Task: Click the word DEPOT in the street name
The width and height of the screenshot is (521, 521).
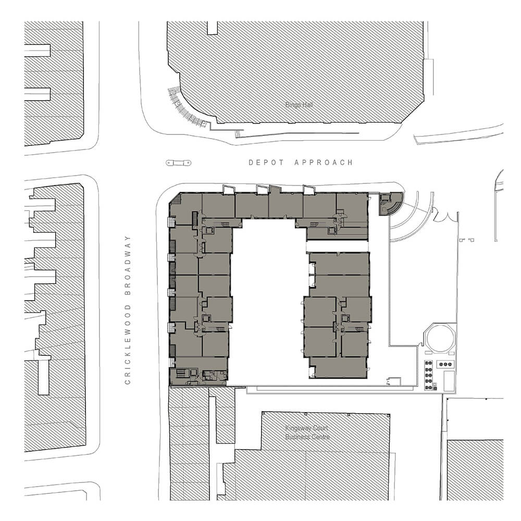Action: pyautogui.click(x=266, y=163)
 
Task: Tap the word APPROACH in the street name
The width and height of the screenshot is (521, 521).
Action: pyautogui.click(x=324, y=163)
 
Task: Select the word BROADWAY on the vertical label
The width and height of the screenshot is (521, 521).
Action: pyautogui.click(x=128, y=265)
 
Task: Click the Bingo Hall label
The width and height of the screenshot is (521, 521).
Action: pyautogui.click(x=299, y=105)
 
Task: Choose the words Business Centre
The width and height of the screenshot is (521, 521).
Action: pyautogui.click(x=308, y=437)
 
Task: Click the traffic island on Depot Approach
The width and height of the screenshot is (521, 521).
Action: pyautogui.click(x=178, y=163)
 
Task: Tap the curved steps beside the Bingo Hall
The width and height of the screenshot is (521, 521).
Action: pyautogui.click(x=187, y=108)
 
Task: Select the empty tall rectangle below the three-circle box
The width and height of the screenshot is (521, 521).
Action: pyautogui.click(x=449, y=381)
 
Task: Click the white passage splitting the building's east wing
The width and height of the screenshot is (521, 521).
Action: pyautogui.click(x=337, y=246)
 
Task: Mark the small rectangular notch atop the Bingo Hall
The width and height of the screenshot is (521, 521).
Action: pyautogui.click(x=213, y=28)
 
